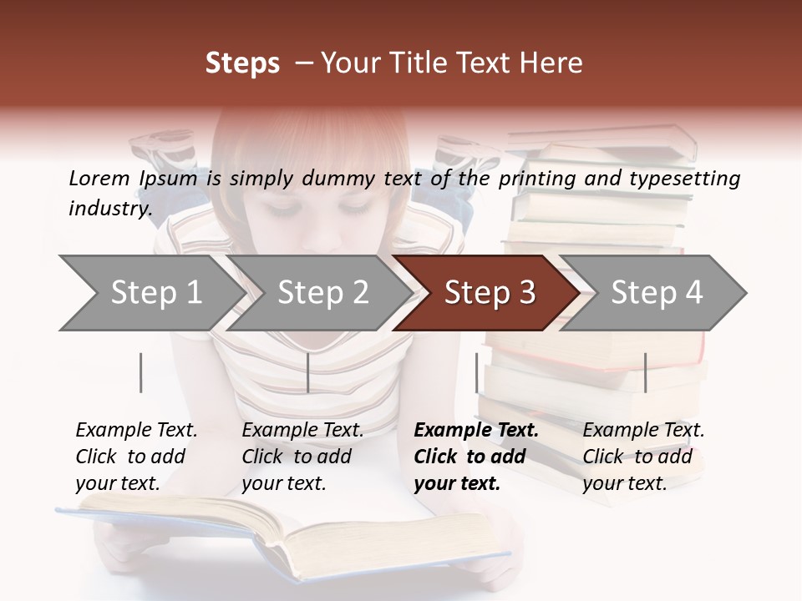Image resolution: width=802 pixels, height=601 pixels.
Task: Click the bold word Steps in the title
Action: pyautogui.click(x=242, y=63)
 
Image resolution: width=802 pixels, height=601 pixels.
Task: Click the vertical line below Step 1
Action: pyautogui.click(x=141, y=372)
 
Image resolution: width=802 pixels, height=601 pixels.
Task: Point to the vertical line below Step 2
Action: pyautogui.click(x=308, y=372)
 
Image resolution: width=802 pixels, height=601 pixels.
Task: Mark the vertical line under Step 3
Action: pyautogui.click(x=477, y=372)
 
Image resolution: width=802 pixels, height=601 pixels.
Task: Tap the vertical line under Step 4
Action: pyautogui.click(x=645, y=372)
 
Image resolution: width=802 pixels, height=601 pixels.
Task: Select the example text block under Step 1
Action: pyautogui.click(x=136, y=457)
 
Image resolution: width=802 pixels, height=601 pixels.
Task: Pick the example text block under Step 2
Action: pyautogui.click(x=302, y=457)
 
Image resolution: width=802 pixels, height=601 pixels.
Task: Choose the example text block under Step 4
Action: pyautogui.click(x=643, y=457)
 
